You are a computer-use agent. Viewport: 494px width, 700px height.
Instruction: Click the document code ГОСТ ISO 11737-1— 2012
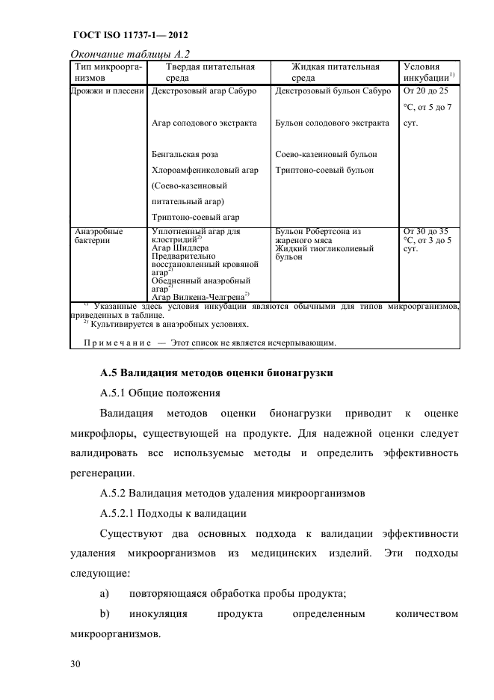click(130, 35)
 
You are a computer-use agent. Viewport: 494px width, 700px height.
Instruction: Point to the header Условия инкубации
click(430, 72)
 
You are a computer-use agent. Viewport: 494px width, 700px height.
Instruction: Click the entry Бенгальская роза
click(185, 154)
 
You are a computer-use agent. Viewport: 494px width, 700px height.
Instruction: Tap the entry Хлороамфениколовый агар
click(205, 170)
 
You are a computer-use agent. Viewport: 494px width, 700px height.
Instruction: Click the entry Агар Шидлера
click(180, 248)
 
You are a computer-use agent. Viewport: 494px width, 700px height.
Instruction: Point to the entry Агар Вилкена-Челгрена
click(199, 296)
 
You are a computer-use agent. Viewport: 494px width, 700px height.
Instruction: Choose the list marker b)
click(105, 614)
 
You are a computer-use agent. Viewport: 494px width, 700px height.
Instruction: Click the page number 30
click(76, 662)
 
